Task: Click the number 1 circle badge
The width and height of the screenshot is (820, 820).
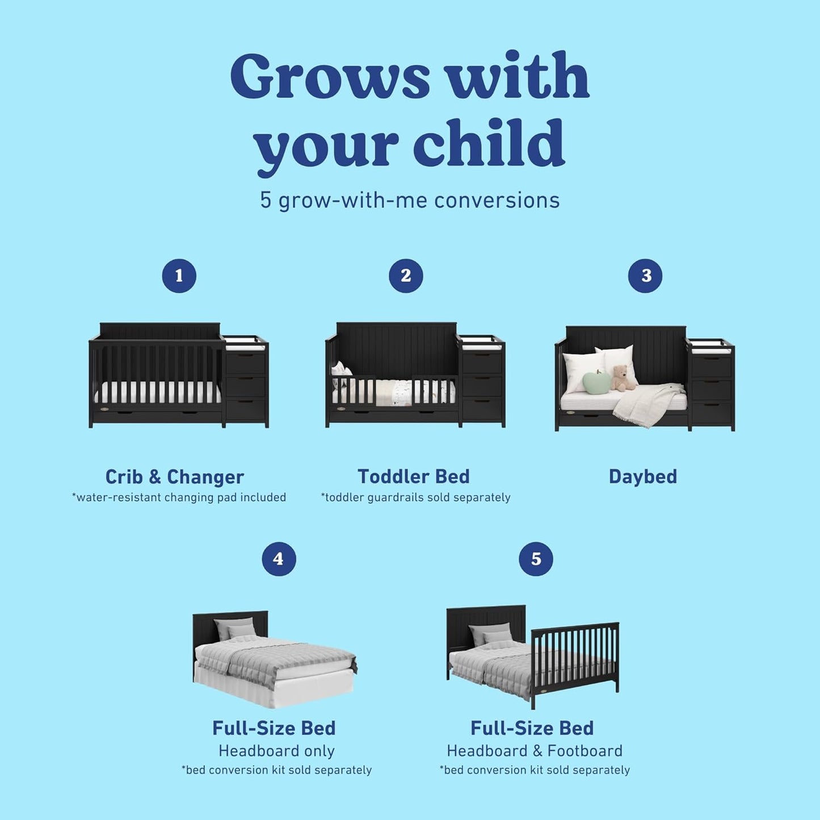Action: (x=179, y=276)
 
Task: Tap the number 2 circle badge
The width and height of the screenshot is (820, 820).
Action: (x=406, y=276)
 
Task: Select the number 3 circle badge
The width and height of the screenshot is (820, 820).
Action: (x=645, y=276)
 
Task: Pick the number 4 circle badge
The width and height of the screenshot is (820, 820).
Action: (x=279, y=559)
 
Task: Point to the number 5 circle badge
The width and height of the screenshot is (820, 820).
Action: (x=536, y=559)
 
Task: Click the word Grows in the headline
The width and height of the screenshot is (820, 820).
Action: (x=330, y=76)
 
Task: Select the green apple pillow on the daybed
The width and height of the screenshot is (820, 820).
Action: (x=596, y=381)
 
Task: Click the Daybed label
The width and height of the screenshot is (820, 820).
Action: (x=642, y=477)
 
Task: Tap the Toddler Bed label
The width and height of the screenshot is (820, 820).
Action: (x=414, y=477)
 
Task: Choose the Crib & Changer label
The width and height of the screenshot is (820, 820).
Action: (x=174, y=477)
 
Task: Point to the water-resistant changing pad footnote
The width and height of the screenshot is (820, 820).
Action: (x=179, y=498)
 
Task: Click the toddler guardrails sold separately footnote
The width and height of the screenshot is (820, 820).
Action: (x=415, y=498)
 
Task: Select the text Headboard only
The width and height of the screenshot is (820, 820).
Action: (x=276, y=751)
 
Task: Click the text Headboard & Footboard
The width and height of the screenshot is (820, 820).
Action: (x=535, y=751)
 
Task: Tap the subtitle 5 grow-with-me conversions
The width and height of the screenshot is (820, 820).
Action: (x=410, y=200)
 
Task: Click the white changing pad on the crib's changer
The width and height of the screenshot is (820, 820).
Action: (x=245, y=342)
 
